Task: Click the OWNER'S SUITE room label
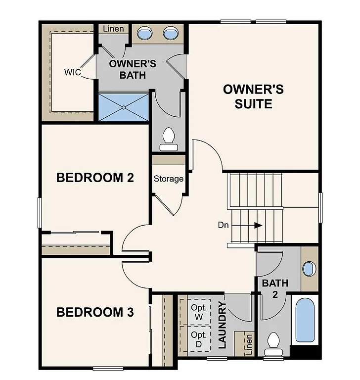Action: tap(254, 96)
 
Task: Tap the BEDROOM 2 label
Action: tap(95, 178)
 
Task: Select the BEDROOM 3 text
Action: tap(95, 312)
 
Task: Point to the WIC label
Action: tap(73, 72)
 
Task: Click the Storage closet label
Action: tap(169, 179)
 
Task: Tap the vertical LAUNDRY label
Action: tap(222, 326)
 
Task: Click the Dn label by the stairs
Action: tap(224, 225)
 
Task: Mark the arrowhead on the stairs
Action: tap(258, 225)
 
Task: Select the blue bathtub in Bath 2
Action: tap(307, 320)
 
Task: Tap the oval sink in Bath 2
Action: tap(309, 269)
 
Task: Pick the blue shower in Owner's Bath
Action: tap(124, 106)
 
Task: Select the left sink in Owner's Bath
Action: tap(144, 34)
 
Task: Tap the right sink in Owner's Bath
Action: tap(171, 34)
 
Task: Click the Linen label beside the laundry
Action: tap(249, 344)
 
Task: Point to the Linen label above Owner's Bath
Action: tap(114, 29)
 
